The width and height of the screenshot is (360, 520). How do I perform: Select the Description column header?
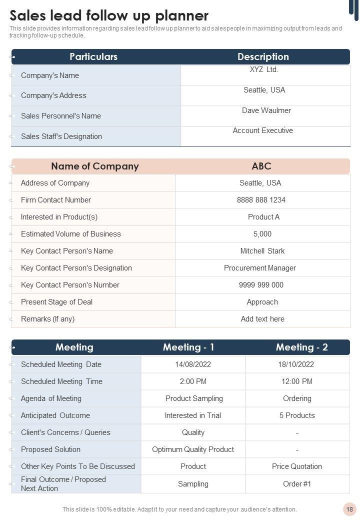[263, 56]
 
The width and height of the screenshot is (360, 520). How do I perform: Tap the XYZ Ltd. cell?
[264, 69]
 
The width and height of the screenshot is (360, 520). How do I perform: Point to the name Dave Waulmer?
[266, 110]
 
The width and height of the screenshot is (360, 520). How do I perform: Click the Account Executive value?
[262, 130]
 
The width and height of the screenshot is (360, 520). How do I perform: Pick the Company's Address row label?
[53, 95]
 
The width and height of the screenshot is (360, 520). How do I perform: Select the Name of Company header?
[94, 166]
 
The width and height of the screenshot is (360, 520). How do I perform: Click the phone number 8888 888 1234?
[261, 200]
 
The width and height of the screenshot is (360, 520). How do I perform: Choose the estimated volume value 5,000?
[262, 234]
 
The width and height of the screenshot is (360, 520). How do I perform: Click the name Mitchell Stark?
[262, 251]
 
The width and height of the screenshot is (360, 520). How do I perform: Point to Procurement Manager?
[260, 268]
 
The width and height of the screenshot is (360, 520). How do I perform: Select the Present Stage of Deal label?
[56, 302]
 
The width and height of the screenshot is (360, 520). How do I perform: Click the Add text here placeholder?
[262, 319]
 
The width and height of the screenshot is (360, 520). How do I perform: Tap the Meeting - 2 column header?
[301, 347]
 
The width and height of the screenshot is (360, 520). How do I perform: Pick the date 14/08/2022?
[193, 364]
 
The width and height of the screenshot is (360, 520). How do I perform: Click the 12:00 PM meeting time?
[297, 381]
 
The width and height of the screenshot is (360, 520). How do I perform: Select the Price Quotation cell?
[297, 466]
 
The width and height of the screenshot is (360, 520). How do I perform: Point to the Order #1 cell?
[297, 484]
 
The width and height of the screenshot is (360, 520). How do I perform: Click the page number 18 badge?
[349, 509]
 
